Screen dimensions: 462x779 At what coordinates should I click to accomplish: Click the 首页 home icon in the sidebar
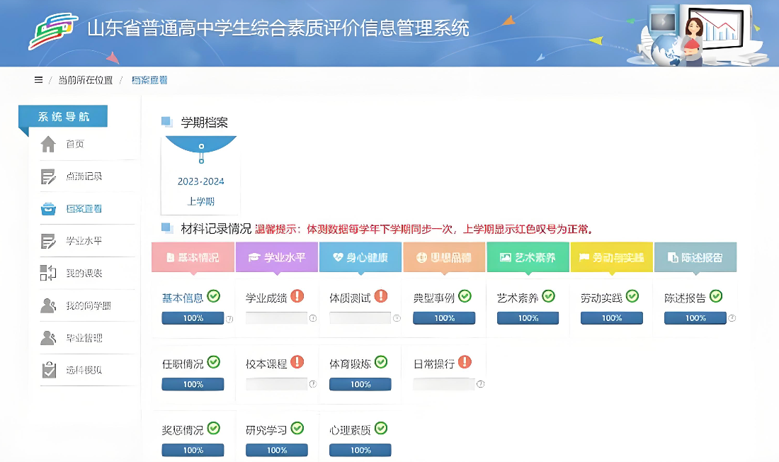48,145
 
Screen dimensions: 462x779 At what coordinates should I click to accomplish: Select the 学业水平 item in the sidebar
84,241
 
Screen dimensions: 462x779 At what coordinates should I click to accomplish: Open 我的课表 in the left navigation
84,274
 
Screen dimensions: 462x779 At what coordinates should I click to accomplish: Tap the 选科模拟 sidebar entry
84,370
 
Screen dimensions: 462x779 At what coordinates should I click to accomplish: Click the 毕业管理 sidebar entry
84,338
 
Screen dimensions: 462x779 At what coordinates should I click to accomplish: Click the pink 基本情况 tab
193,258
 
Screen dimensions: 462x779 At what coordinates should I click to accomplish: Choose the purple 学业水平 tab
276,258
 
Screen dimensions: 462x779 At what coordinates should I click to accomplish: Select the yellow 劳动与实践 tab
611,258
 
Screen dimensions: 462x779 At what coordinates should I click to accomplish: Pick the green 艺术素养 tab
528,258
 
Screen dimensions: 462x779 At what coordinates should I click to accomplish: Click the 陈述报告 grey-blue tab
695,258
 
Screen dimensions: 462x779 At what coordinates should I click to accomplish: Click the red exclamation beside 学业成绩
297,296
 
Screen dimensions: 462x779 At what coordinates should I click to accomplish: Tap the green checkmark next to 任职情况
214,362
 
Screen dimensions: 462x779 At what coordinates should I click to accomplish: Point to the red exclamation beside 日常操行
465,362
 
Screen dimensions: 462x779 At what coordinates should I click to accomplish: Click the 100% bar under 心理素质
360,450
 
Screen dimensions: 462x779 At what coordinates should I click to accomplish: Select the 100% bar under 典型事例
444,318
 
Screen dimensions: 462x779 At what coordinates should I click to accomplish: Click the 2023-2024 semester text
200,181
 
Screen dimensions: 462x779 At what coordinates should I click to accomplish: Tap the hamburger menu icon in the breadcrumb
38,80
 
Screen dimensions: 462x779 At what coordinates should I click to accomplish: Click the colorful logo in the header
52,31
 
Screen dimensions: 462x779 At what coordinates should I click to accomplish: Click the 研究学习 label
266,430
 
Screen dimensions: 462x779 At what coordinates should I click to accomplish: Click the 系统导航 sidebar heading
64,117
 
